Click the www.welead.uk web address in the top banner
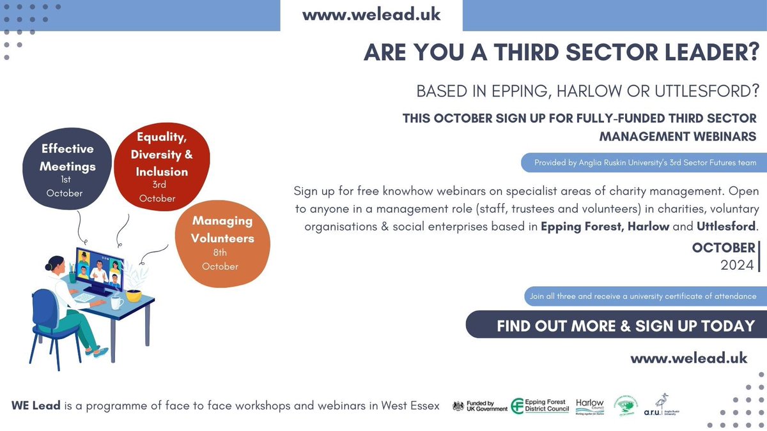click(371, 15)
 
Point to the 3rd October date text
click(157, 192)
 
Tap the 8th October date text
click(220, 260)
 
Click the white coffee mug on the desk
click(117, 303)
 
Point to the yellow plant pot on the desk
click(134, 296)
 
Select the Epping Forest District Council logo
click(540, 405)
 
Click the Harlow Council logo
click(589, 405)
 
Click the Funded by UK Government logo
click(480, 406)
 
